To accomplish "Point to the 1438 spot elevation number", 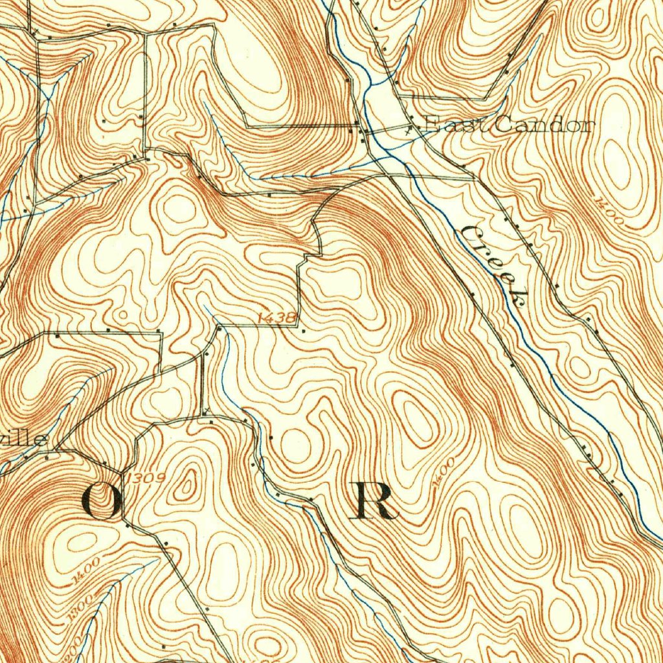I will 276,317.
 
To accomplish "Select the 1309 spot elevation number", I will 146,478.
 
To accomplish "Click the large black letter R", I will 376,502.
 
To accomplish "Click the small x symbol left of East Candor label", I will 408,129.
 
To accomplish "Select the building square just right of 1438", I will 304,330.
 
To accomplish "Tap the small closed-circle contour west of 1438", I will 123,315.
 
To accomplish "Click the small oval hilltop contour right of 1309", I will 188,482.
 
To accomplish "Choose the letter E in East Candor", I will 430,125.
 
